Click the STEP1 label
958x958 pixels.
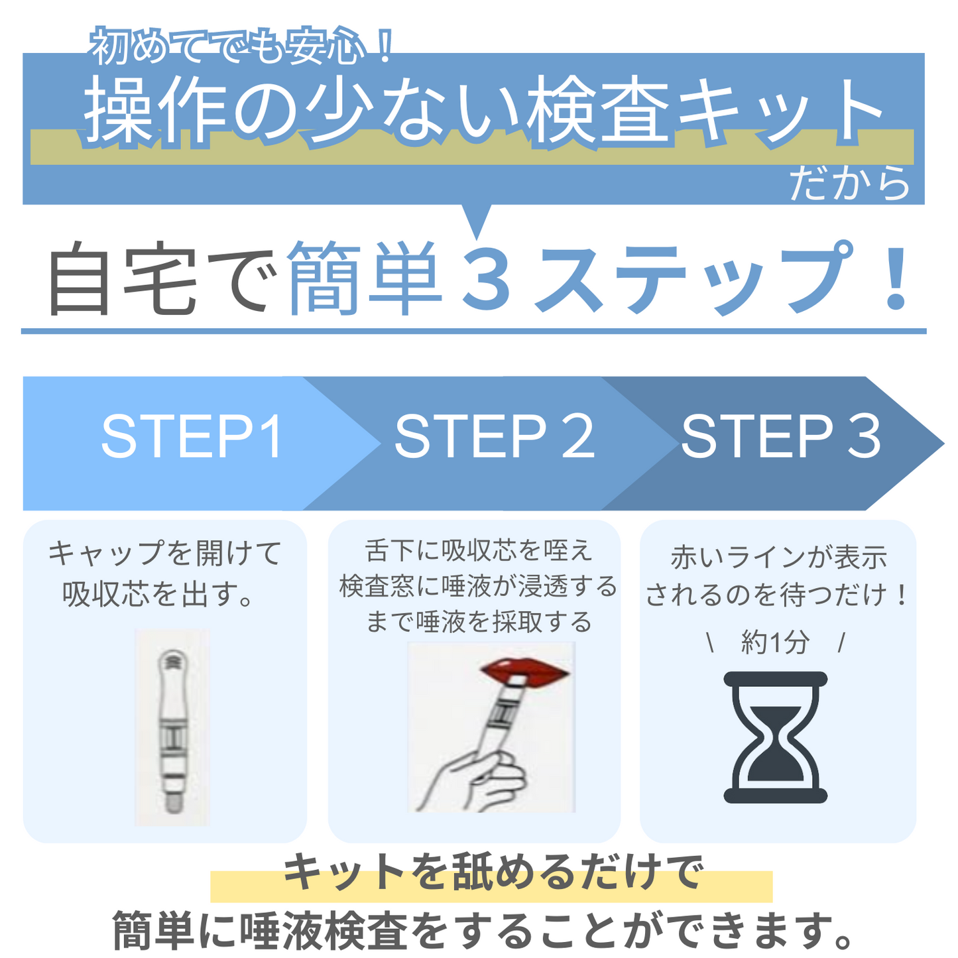[192, 437]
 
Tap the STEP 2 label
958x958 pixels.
[494, 437]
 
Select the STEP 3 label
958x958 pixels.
[781, 437]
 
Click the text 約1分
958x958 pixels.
[775, 642]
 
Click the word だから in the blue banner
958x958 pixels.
[850, 184]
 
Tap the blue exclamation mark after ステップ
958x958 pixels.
[896, 276]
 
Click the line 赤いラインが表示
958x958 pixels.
[778, 558]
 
